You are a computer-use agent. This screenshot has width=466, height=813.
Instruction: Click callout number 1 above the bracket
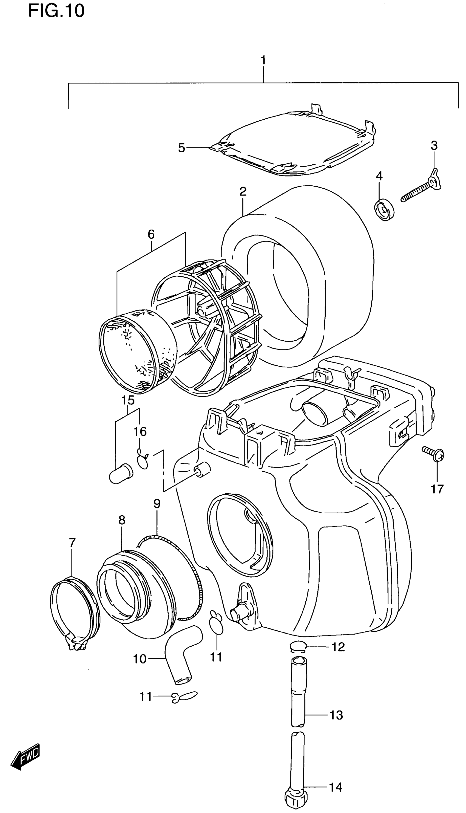click(x=263, y=60)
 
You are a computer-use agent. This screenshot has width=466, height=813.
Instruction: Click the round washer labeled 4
click(x=384, y=210)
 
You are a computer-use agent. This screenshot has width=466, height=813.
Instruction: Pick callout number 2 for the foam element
click(x=243, y=192)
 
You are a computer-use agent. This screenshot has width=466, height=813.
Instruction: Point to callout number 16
click(x=140, y=432)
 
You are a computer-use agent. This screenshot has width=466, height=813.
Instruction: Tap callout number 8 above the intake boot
click(x=122, y=520)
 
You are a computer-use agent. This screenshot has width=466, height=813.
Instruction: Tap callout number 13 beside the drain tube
click(x=336, y=715)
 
